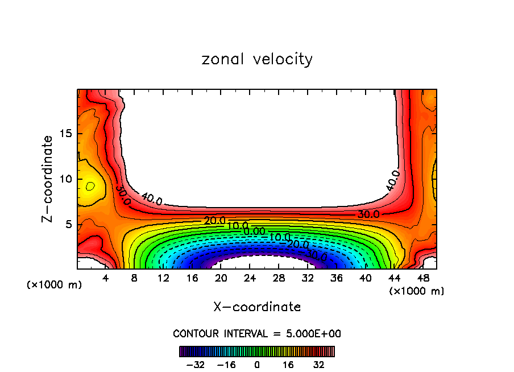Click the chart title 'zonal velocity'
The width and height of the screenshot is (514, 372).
click(257, 59)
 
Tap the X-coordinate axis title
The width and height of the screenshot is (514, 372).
click(257, 307)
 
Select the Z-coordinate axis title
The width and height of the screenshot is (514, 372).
click(48, 179)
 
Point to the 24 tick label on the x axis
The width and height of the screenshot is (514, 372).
click(250, 279)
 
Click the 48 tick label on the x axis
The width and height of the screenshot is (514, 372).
click(423, 279)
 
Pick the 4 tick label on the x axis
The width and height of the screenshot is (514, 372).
click(106, 279)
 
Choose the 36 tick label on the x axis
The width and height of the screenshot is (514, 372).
click(337, 279)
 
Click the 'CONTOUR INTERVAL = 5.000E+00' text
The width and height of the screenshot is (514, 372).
click(257, 333)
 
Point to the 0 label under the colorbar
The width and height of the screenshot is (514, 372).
click(257, 365)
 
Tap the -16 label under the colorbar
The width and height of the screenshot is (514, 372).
click(226, 365)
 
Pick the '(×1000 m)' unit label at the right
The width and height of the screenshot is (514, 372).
click(417, 291)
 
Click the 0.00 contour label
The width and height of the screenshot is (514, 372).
click(254, 231)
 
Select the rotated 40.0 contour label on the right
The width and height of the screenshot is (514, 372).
click(393, 180)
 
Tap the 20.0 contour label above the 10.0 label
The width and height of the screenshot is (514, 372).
click(215, 220)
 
